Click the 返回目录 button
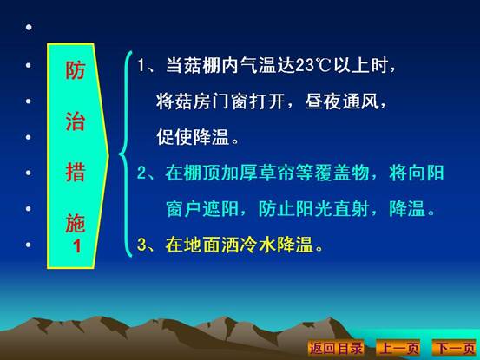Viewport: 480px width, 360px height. (336, 348)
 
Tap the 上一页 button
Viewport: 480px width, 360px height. (398, 348)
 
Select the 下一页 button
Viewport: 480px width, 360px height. (455, 348)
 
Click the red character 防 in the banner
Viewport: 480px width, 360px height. (75, 70)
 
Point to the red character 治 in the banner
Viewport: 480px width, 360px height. (75, 121)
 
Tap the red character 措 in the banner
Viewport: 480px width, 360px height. (75, 172)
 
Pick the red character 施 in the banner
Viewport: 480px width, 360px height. (75, 223)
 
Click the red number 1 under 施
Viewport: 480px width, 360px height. (77, 245)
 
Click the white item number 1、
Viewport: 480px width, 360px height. (147, 65)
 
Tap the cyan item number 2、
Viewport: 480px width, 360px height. (147, 173)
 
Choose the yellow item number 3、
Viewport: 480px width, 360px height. (147, 245)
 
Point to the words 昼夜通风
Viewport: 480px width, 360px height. (342, 101)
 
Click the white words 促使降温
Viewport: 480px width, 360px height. (193, 137)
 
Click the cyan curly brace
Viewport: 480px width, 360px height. (125, 154)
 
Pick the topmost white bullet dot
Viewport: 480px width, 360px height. (29, 28)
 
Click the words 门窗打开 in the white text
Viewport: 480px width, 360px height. (248, 101)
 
